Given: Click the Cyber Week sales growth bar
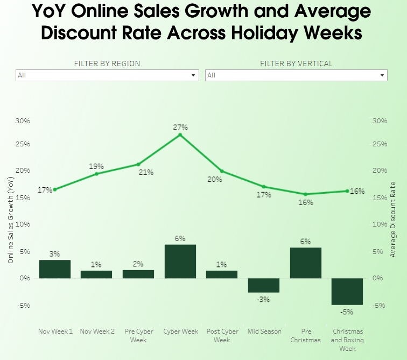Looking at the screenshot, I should point(180,261).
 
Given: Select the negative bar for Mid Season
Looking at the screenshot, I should point(264,285).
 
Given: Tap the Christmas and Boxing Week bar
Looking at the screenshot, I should point(347,292).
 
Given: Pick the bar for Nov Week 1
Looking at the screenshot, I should point(55,269).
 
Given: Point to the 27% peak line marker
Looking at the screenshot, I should point(180,135).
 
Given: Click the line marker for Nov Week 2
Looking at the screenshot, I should point(96,174).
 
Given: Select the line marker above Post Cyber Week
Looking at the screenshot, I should point(222,171).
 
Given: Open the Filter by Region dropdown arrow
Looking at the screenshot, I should point(194,75).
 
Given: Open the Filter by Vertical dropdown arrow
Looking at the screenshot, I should point(382,75).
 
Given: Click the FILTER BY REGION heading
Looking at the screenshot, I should point(107,63).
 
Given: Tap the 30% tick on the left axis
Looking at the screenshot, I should point(22,121).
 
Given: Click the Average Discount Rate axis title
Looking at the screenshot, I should point(392,220).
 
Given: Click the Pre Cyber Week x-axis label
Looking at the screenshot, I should point(138,335).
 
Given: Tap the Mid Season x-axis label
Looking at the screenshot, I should point(264,331).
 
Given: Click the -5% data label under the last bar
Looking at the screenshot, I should point(346,312).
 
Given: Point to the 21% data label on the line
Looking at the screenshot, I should point(146,172).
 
